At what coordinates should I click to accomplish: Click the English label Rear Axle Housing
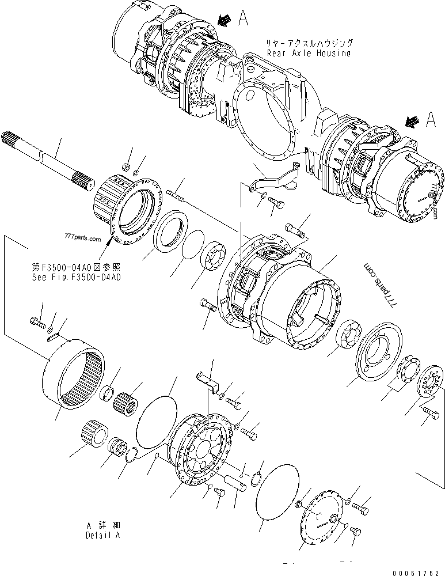coord(308,53)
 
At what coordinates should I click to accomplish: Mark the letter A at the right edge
coord(431,119)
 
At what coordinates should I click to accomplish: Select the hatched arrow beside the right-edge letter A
coord(412,121)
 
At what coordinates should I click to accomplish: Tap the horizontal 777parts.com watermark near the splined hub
coord(79,238)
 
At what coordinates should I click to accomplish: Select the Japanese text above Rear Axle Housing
coord(308,43)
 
